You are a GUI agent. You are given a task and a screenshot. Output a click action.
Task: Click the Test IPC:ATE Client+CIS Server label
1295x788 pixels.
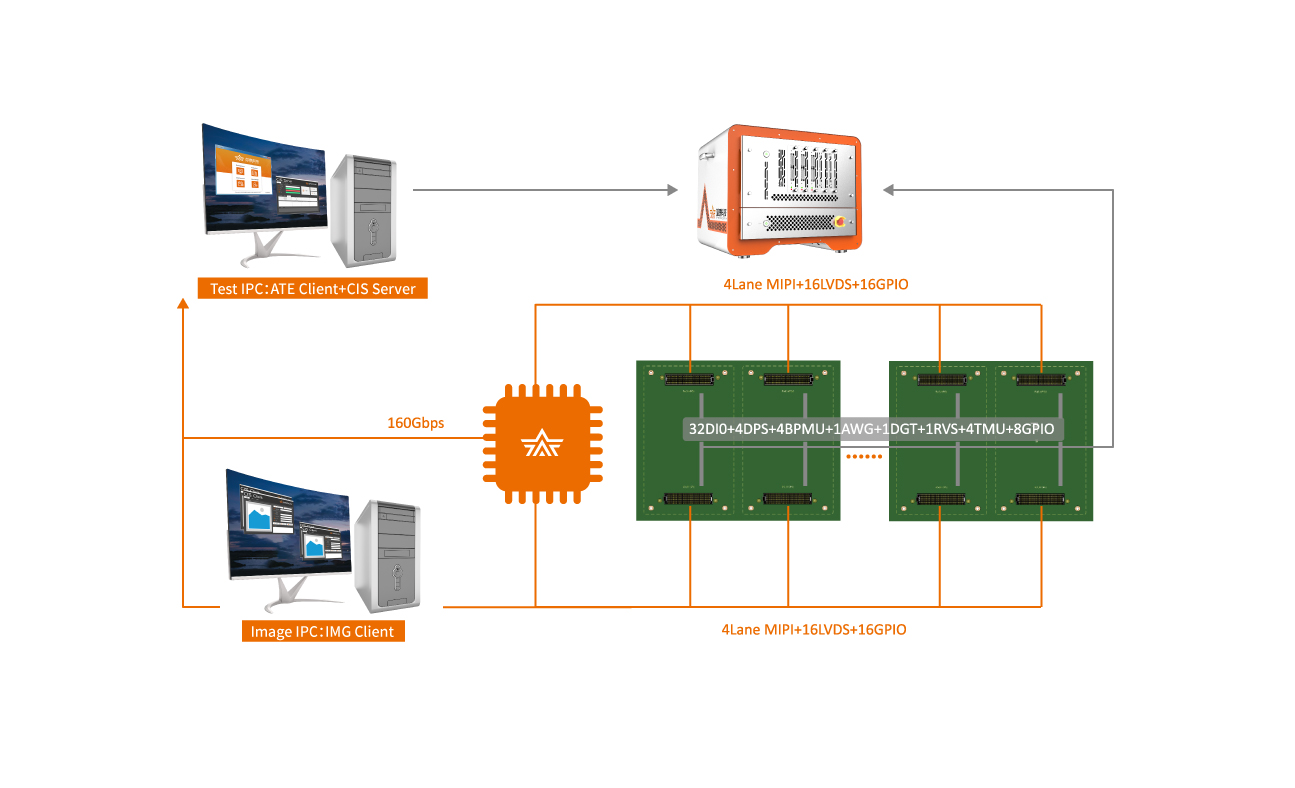click(x=312, y=289)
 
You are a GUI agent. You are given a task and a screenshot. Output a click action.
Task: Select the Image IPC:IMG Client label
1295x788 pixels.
click(x=323, y=631)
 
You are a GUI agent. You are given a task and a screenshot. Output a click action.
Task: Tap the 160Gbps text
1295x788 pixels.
click(x=415, y=423)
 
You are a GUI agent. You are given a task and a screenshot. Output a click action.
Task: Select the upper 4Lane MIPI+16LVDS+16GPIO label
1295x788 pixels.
click(x=815, y=285)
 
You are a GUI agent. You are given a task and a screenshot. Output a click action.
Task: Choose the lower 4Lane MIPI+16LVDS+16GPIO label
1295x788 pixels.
click(x=814, y=630)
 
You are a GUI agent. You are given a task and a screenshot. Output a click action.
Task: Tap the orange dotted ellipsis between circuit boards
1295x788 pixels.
click(x=864, y=458)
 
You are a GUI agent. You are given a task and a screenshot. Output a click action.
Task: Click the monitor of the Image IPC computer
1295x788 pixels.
click(x=289, y=525)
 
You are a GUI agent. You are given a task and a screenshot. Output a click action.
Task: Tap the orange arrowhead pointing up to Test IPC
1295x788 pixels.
click(x=183, y=304)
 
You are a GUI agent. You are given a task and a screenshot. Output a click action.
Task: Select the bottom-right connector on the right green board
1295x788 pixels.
click(x=1040, y=498)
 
